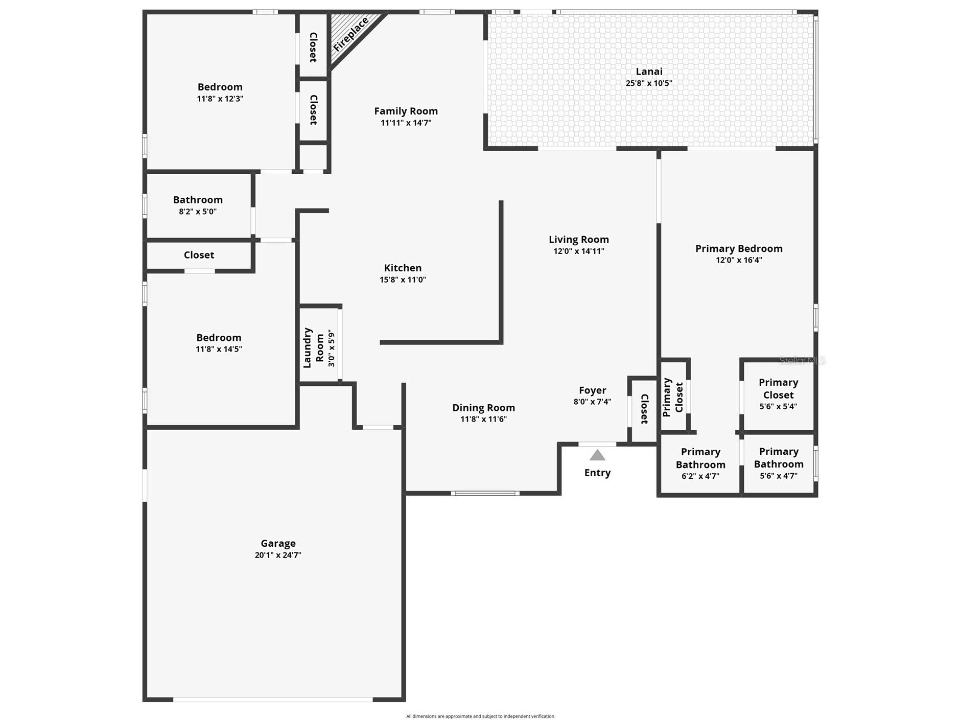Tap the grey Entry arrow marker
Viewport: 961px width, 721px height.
point(597,455)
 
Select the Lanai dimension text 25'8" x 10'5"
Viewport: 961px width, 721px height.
point(649,83)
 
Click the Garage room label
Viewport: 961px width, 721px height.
point(278,543)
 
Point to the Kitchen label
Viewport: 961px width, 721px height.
point(403,268)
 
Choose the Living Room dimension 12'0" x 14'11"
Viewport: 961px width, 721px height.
point(578,251)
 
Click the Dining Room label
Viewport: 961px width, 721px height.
point(483,407)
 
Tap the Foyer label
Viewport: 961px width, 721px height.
point(592,390)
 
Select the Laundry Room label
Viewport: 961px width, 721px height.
point(313,347)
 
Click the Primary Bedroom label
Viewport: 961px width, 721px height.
point(738,248)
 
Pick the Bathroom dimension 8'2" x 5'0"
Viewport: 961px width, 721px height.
point(198,212)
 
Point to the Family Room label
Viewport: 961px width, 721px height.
point(406,111)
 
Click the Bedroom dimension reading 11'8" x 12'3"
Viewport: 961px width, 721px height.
point(220,99)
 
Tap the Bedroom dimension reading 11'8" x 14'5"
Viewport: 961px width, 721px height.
point(219,349)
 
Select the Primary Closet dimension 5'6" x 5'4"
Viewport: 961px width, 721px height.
point(778,407)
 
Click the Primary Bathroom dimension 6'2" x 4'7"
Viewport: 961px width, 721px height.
point(700,476)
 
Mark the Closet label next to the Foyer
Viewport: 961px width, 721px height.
point(644,409)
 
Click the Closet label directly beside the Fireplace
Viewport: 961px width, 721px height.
point(313,47)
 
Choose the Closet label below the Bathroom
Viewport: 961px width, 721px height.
point(199,255)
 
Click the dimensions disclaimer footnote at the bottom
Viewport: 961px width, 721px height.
point(480,716)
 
